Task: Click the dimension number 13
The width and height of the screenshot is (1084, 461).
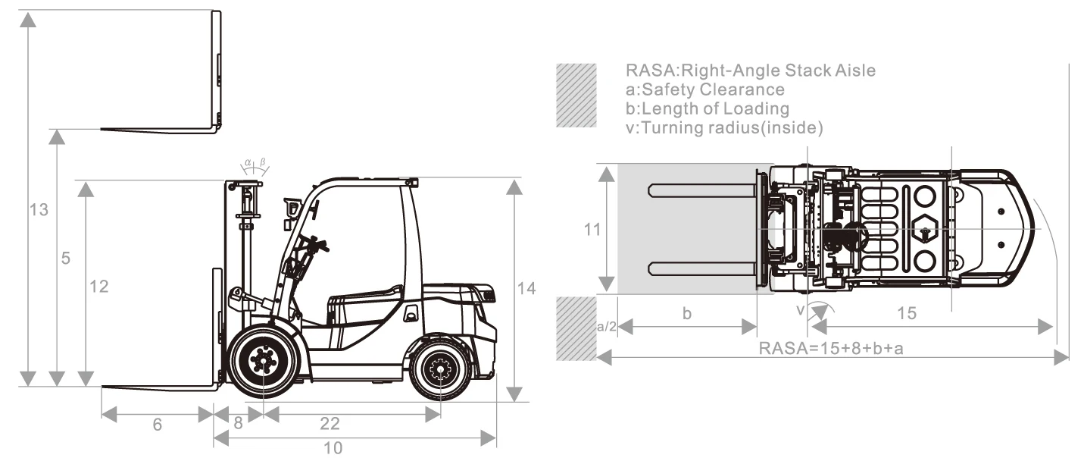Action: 39,210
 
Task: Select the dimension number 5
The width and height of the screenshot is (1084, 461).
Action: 66,259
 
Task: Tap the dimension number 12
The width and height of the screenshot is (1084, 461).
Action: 98,287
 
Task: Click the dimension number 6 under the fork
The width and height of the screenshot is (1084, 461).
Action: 157,425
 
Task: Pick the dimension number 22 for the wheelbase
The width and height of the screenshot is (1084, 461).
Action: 330,423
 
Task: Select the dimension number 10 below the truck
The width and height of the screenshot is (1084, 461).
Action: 333,447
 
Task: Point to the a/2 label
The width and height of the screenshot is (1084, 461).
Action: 607,327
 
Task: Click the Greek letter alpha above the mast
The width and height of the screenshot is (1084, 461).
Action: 247,162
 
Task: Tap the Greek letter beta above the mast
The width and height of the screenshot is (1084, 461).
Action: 262,162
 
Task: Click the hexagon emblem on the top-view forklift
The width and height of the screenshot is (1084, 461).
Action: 924,227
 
